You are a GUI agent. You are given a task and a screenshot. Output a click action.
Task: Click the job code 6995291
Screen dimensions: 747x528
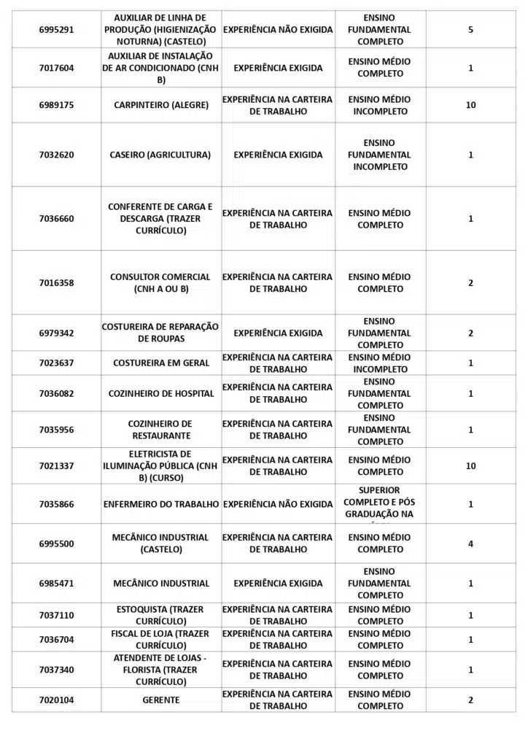[56, 30]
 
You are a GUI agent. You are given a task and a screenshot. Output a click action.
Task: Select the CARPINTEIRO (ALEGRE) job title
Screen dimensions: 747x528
[161, 105]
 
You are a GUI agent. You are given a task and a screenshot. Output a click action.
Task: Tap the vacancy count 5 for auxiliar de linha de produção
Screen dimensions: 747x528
[470, 30]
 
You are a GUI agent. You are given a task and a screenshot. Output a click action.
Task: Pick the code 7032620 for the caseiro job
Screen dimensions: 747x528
[56, 155]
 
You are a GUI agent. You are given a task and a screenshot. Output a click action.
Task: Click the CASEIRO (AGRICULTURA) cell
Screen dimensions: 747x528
[160, 155]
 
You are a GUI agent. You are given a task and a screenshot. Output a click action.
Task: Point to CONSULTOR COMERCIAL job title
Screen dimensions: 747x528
[160, 283]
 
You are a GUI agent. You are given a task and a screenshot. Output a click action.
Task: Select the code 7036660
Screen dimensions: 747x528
[56, 219]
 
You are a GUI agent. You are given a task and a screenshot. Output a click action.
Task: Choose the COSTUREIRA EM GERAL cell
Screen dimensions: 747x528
[161, 363]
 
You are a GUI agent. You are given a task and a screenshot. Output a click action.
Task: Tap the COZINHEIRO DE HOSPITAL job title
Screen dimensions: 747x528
[161, 394]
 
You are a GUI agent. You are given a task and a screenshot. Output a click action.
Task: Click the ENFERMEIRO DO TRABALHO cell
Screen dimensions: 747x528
[161, 504]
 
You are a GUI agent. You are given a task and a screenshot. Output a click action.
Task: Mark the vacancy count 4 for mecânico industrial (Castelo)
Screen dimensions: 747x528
[470, 543]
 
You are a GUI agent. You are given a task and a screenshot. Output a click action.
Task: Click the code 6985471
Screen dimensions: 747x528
[56, 584]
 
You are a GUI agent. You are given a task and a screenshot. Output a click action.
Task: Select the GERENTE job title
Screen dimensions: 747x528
[161, 700]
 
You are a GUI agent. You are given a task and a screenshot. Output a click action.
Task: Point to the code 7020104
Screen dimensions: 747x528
[56, 700]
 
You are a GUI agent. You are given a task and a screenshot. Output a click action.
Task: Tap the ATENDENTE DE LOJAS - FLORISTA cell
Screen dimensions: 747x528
[160, 670]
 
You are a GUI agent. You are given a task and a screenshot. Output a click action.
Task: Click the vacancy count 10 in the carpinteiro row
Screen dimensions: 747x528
[470, 105]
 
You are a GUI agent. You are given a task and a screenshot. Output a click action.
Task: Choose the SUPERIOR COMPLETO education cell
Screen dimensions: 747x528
[379, 503]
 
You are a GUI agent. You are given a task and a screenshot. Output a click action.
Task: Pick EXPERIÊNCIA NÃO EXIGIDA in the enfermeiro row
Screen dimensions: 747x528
[277, 504]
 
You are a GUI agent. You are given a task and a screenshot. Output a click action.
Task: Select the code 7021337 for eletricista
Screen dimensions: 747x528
[56, 466]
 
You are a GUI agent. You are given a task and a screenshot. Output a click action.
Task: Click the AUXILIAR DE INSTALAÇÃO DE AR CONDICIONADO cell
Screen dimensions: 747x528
[160, 68]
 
